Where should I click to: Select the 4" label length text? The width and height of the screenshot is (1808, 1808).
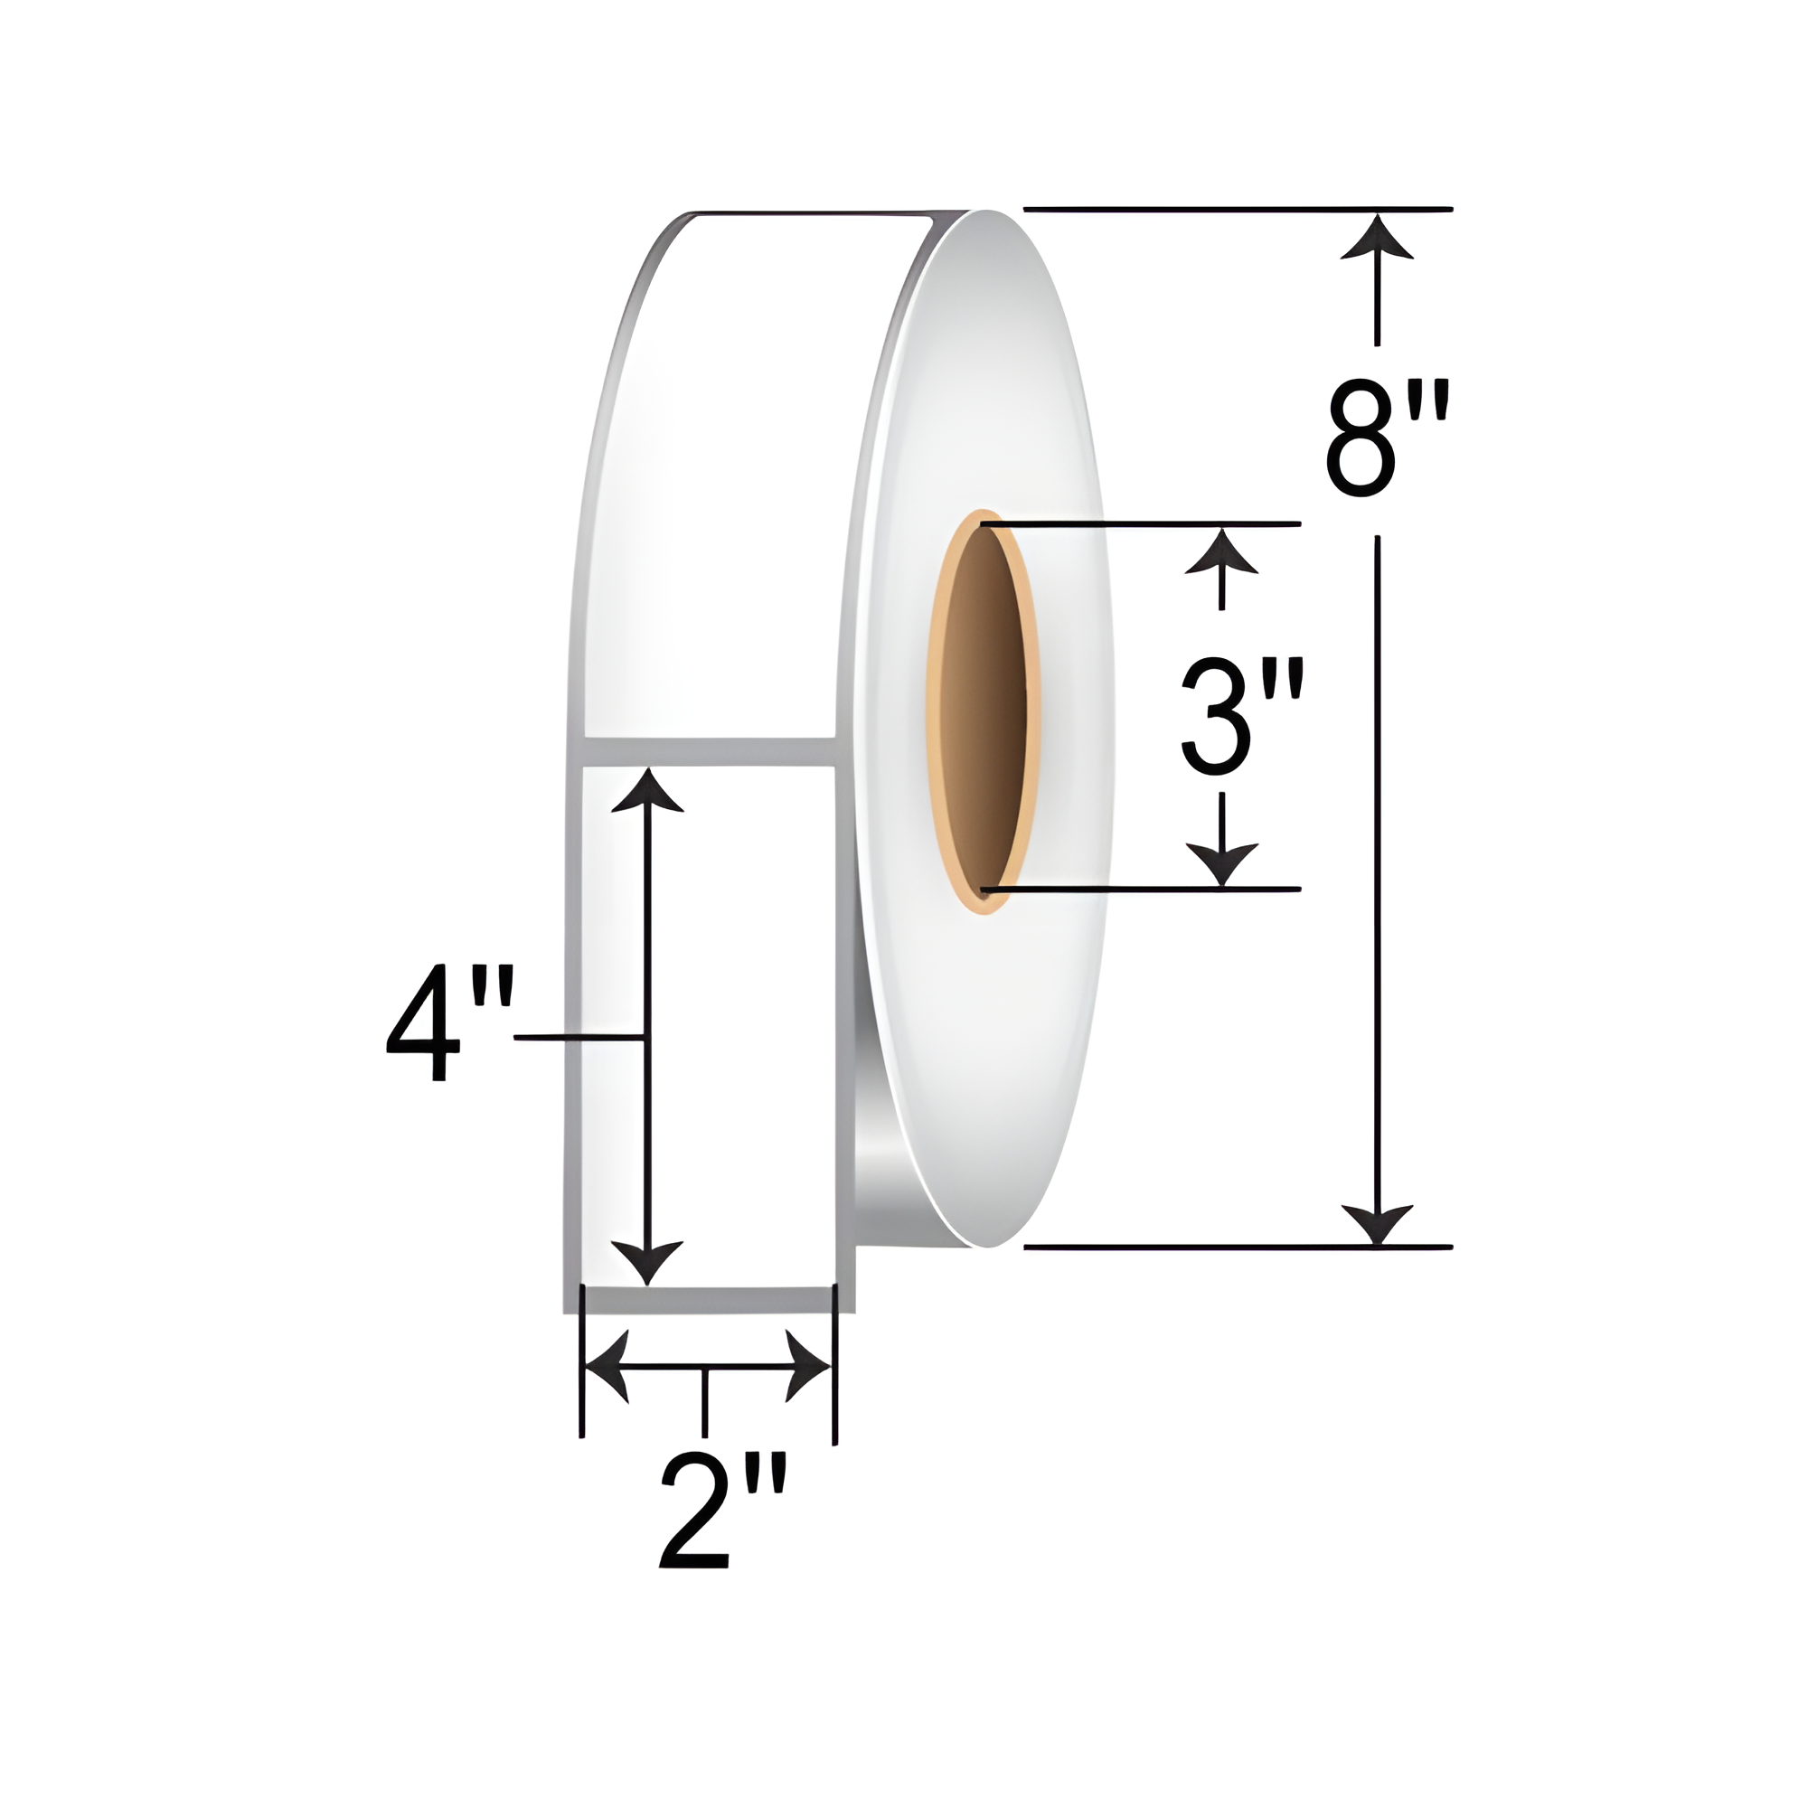pyautogui.click(x=450, y=1027)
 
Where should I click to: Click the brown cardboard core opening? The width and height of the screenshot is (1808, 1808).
pyautogui.click(x=984, y=712)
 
